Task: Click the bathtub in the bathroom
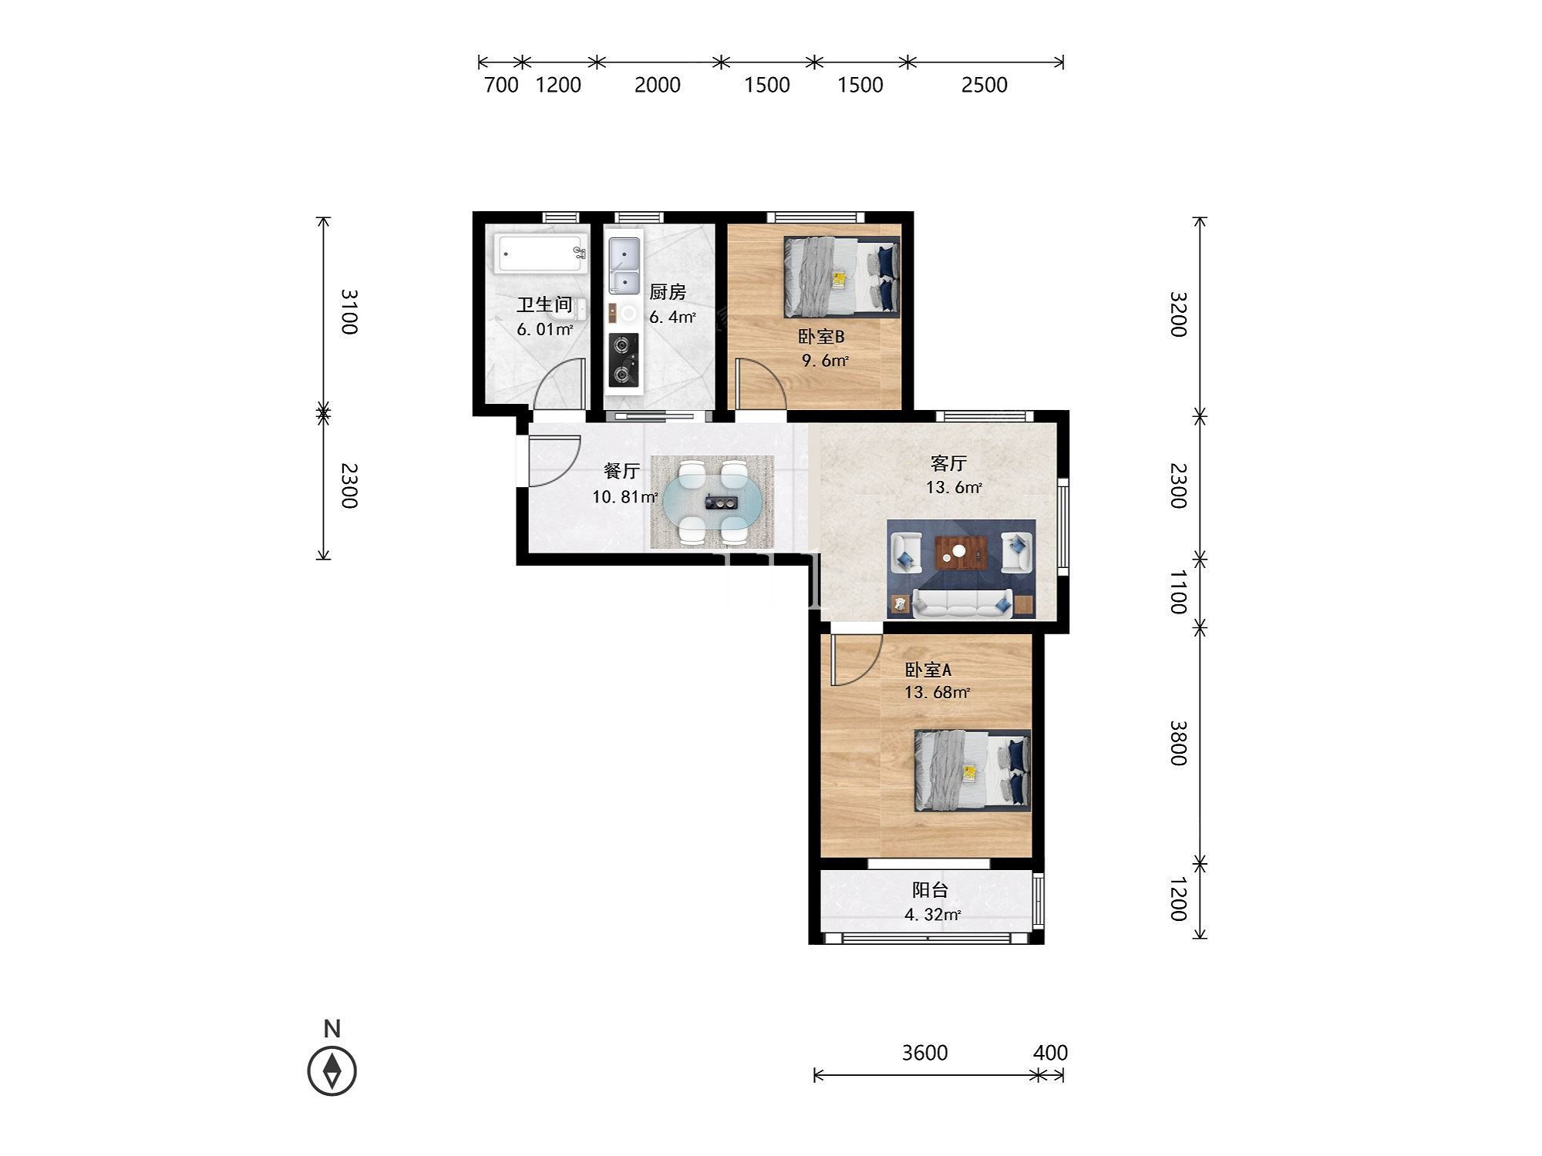[541, 254]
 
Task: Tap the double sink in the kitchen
[624, 266]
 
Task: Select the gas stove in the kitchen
[623, 360]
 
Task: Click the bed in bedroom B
[842, 277]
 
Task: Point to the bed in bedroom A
[973, 771]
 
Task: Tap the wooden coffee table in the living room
[961, 552]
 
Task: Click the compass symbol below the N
[332, 1071]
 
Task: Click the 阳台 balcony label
[930, 890]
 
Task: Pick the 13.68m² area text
[937, 692]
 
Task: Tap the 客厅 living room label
[948, 463]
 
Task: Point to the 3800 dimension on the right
[1178, 743]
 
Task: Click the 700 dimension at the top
[501, 85]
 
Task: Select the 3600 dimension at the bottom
[924, 1053]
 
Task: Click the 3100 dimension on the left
[349, 312]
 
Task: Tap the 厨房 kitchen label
[668, 292]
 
